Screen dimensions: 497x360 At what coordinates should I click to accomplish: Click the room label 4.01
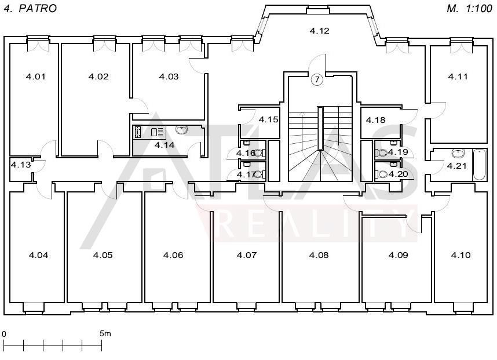pyautogui.click(x=35, y=77)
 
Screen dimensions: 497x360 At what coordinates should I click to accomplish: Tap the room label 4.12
pyautogui.click(x=320, y=31)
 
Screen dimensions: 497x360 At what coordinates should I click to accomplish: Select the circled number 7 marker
pyautogui.click(x=317, y=79)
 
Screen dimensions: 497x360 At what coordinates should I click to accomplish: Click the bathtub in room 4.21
pyautogui.click(x=478, y=165)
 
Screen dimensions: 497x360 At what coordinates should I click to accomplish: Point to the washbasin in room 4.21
pyautogui.click(x=458, y=154)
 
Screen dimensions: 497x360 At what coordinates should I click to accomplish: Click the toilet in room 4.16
pyautogui.click(x=260, y=153)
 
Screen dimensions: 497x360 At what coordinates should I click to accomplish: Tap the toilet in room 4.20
pyautogui.click(x=382, y=174)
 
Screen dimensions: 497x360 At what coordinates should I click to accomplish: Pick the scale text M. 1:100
pyautogui.click(x=469, y=9)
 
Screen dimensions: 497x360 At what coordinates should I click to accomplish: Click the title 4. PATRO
pyautogui.click(x=30, y=9)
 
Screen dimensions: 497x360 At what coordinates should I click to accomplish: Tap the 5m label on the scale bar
pyautogui.click(x=105, y=334)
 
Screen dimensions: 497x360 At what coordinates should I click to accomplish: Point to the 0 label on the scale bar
pyautogui.click(x=4, y=334)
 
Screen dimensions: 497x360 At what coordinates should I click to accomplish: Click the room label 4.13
pyautogui.click(x=21, y=165)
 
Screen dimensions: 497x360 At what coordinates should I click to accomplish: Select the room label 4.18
pyautogui.click(x=375, y=120)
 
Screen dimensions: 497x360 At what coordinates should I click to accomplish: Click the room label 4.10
pyautogui.click(x=461, y=255)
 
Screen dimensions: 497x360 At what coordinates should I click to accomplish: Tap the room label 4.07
pyautogui.click(x=247, y=255)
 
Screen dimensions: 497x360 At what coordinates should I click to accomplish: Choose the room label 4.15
pyautogui.click(x=268, y=119)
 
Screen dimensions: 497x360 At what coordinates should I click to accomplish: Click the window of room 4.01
pyautogui.click(x=38, y=43)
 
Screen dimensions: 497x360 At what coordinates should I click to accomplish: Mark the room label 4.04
pyautogui.click(x=38, y=255)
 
